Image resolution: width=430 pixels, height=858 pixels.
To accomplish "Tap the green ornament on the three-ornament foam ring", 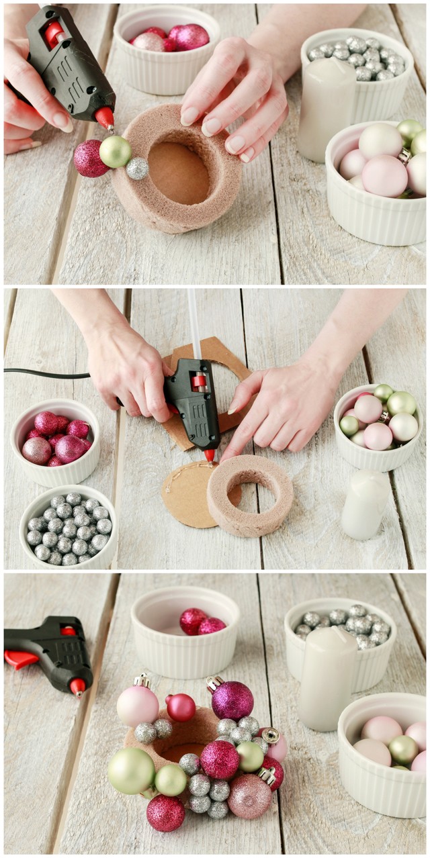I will (116, 152).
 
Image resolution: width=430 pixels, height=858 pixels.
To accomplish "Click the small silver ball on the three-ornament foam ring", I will (137, 169).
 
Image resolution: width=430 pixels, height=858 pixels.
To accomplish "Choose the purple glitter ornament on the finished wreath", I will (232, 700).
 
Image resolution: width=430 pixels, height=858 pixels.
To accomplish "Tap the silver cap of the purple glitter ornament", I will (214, 683).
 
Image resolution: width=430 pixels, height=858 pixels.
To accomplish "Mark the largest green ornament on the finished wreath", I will (130, 771).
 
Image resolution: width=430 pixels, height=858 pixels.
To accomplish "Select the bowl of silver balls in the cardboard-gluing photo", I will (67, 527).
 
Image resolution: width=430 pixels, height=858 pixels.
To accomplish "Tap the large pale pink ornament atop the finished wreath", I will (138, 705).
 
